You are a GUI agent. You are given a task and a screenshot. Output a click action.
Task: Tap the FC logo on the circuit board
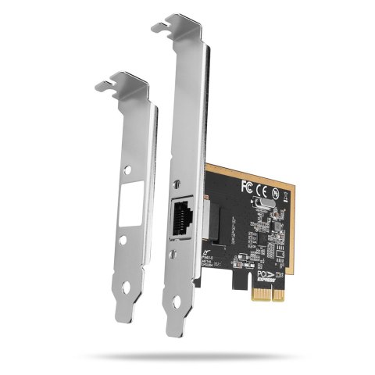[248, 187]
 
